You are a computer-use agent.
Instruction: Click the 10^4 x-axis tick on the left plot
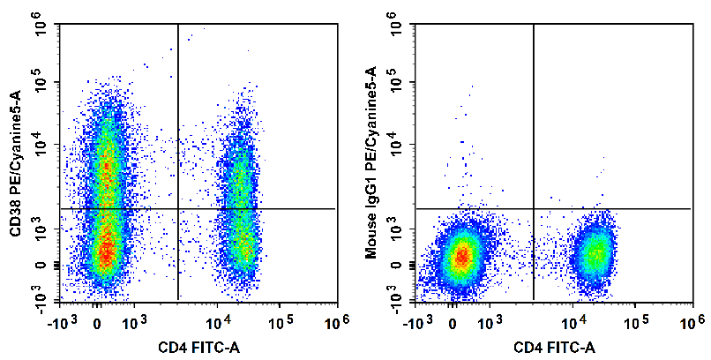[x=219, y=322]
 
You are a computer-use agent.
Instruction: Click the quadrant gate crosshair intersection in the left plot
[x=178, y=208]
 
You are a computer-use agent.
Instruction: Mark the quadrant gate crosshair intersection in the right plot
[x=534, y=208]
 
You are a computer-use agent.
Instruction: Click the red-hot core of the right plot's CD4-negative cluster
[x=460, y=257]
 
